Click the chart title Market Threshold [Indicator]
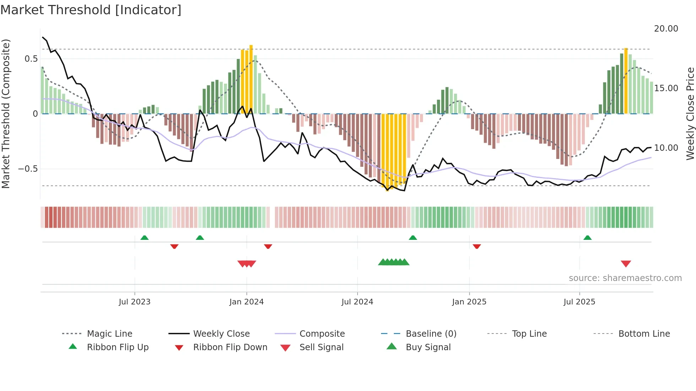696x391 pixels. point(91,10)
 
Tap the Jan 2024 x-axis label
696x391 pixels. point(246,302)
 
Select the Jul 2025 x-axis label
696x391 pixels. point(579,302)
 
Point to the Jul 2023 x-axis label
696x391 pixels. point(135,302)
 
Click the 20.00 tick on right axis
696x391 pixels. point(666,29)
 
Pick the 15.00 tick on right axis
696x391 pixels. point(666,88)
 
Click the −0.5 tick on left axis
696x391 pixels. point(28,169)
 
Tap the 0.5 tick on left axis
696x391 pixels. point(31,59)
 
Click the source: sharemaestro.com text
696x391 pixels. point(625,278)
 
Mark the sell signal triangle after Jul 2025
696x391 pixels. point(626,264)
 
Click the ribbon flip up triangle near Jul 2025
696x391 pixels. point(587,238)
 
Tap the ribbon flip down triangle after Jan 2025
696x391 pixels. point(477,246)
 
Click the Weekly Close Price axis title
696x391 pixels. point(690,114)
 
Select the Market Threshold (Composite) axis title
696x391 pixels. point(6,114)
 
